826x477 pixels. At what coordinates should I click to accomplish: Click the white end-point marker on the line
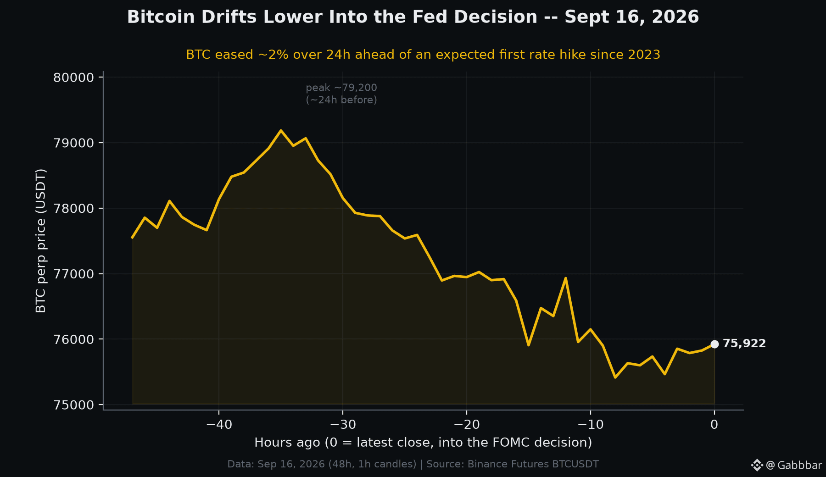pyautogui.click(x=714, y=344)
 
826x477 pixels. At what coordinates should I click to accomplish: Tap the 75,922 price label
pyautogui.click(x=744, y=344)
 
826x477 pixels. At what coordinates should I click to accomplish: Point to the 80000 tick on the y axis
pyautogui.click(x=73, y=78)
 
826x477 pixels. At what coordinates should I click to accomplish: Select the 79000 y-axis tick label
pyautogui.click(x=73, y=143)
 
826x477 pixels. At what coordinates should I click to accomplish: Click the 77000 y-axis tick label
pyautogui.click(x=73, y=274)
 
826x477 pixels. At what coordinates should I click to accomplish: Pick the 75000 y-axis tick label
pyautogui.click(x=73, y=405)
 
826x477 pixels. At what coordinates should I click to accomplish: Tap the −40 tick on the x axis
pyautogui.click(x=219, y=425)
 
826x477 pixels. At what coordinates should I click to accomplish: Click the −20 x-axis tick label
pyautogui.click(x=467, y=425)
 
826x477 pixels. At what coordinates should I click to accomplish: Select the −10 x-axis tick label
pyautogui.click(x=591, y=425)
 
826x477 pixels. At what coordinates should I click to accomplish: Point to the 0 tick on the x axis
pyautogui.click(x=714, y=425)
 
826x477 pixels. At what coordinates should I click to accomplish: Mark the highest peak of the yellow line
pyautogui.click(x=281, y=131)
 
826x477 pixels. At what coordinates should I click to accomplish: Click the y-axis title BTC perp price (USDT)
pyautogui.click(x=41, y=241)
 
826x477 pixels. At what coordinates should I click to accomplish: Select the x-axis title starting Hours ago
pyautogui.click(x=423, y=443)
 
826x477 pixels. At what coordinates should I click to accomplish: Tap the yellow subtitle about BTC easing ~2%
pyautogui.click(x=423, y=55)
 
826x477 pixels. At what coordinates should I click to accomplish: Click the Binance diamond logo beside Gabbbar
pyautogui.click(x=757, y=465)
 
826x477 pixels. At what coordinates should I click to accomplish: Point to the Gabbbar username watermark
pyautogui.click(x=794, y=465)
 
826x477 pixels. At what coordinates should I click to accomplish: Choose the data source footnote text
pyautogui.click(x=413, y=464)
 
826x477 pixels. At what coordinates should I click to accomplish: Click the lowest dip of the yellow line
pyautogui.click(x=615, y=377)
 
